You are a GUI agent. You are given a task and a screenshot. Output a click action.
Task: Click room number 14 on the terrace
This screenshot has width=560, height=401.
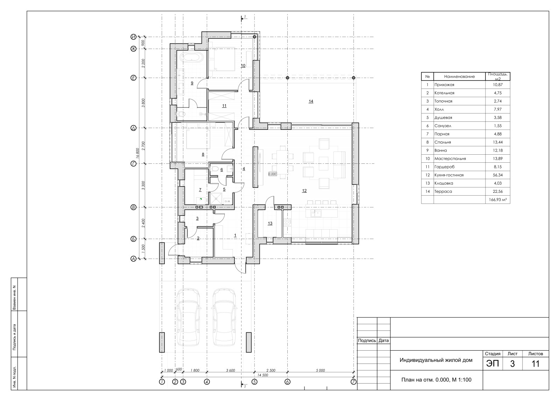(311, 101)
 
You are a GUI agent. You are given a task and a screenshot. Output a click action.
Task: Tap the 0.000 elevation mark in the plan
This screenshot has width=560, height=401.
(273, 174)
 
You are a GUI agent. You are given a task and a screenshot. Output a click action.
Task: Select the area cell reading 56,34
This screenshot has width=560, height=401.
(497, 175)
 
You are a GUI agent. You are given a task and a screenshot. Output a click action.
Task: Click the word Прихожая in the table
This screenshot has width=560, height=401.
(444, 85)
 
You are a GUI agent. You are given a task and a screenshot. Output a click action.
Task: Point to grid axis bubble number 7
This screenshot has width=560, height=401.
(353, 382)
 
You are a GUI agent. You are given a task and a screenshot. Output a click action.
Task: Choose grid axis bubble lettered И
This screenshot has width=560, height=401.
(133, 37)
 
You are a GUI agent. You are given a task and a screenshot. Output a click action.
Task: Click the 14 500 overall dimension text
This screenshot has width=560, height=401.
(262, 375)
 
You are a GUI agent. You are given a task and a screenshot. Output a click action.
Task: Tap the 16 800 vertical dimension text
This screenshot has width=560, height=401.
(137, 153)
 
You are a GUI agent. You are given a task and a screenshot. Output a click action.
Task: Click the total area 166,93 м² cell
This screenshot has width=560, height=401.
(497, 200)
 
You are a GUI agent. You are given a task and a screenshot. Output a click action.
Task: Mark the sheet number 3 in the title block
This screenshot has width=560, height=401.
(512, 364)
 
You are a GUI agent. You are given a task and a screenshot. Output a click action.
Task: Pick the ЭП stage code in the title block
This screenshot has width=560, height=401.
(492, 364)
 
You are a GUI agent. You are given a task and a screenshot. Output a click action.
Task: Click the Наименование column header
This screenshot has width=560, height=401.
(459, 77)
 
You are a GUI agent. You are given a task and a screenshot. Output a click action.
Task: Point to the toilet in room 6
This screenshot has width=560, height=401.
(215, 169)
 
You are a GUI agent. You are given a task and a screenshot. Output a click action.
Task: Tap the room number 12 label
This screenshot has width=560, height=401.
(304, 191)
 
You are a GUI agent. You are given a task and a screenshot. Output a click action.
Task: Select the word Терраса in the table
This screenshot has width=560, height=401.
(443, 191)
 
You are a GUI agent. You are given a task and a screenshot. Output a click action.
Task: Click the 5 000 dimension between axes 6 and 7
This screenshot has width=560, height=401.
(320, 371)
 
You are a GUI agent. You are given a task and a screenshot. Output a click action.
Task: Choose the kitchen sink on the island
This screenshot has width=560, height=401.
(316, 213)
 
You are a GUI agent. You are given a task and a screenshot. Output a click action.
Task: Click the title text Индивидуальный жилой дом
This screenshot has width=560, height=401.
(436, 360)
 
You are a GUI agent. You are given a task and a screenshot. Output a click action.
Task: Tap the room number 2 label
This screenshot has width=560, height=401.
(198, 238)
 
